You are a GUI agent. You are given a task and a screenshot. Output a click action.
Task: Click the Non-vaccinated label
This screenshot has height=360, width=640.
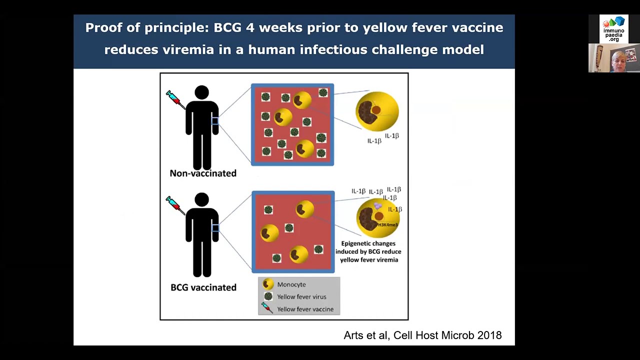pos(203,173)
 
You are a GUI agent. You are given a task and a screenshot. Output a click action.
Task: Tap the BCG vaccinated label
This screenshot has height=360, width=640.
pos(203,287)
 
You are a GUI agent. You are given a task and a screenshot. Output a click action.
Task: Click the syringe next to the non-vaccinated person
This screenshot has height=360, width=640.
pos(174,98)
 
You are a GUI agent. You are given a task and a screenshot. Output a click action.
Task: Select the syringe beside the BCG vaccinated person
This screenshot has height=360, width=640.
pos(174,204)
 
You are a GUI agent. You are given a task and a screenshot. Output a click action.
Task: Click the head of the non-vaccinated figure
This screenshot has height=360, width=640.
pos(202,92)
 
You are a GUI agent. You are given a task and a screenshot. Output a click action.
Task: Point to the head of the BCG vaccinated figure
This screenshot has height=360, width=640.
pos(202,199)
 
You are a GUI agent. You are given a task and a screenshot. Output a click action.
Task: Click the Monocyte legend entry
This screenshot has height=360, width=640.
pos(291,284)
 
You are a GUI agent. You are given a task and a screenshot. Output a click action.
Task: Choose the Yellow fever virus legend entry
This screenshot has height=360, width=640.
pos(301,296)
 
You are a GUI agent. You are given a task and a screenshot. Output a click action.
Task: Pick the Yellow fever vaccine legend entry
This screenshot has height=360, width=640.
pos(304,309)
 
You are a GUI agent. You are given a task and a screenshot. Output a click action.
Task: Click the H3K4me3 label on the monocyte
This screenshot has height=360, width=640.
pos(387,225)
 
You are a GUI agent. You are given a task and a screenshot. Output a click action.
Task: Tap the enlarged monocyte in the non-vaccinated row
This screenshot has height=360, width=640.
pos(377,111)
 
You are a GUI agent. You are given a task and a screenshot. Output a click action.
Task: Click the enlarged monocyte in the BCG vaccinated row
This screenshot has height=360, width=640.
pos(376,218)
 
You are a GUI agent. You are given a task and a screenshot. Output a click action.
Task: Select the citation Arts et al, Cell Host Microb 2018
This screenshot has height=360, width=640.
pos(422,335)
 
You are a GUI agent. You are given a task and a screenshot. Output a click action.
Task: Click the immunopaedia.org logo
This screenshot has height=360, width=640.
pos(614,29)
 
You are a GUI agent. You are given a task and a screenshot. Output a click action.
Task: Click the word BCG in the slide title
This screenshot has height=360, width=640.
pos(228,27)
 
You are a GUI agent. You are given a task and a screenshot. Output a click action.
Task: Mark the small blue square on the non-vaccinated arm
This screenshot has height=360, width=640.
pos(215,121)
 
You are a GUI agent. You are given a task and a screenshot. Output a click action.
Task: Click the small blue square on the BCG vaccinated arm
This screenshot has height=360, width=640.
pos(215,228)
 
